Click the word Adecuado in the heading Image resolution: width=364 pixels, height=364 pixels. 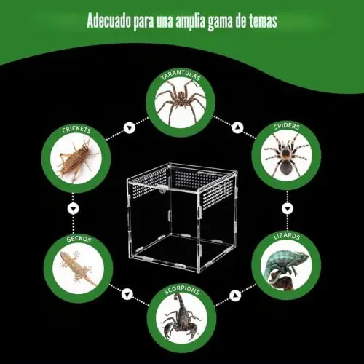click(x=108, y=21)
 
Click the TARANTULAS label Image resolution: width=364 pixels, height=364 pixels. click(x=181, y=74)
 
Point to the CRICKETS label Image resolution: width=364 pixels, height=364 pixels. click(x=76, y=130)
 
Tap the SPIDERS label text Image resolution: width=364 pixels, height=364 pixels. click(x=287, y=126)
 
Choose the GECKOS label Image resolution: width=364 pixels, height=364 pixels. click(x=79, y=239)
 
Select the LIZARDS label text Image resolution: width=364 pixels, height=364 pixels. click(x=287, y=236)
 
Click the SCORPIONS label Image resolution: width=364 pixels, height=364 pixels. click(x=182, y=290)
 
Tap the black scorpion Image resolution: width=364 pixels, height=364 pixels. click(x=181, y=316)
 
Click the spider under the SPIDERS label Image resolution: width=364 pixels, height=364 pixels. click(x=286, y=154)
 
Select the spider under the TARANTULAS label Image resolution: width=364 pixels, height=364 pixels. click(x=181, y=102)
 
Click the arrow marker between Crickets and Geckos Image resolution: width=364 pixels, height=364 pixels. click(x=74, y=208)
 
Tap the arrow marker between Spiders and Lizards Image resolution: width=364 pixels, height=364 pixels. click(x=288, y=208)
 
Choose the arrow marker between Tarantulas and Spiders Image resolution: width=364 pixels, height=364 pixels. click(x=237, y=128)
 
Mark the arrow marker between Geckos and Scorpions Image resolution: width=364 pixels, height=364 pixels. click(x=127, y=295)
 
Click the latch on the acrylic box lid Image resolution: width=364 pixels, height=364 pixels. click(x=161, y=189)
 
